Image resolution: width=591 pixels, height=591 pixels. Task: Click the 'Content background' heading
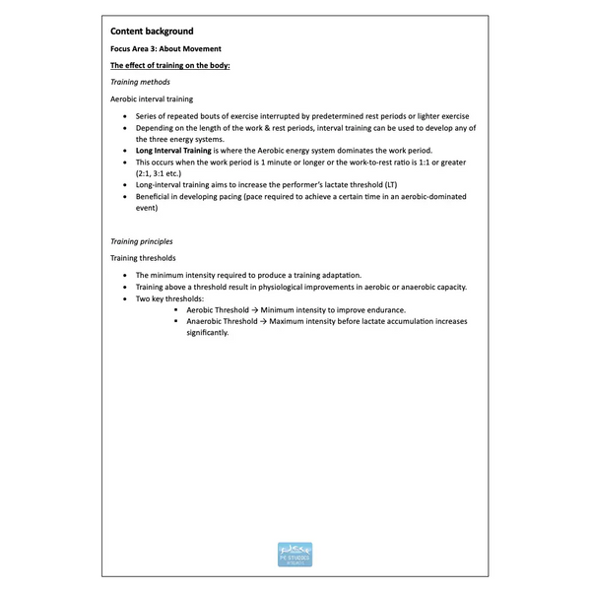point(152,32)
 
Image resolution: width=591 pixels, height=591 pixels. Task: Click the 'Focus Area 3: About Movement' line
point(165,48)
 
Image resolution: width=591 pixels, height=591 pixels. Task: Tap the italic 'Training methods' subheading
point(140,82)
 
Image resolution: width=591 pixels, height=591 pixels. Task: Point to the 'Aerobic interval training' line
point(152,99)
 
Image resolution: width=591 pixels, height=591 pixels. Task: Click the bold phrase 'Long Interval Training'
point(173,151)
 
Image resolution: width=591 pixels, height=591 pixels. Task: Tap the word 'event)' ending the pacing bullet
point(147,208)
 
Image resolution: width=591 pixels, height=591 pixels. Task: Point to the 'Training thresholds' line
point(143,258)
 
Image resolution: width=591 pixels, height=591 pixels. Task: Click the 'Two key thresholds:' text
point(170,298)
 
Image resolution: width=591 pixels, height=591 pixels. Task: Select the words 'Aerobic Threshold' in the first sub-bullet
point(218,309)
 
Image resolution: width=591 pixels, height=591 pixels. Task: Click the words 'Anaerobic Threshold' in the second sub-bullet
point(222,321)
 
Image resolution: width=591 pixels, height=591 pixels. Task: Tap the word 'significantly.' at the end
point(207,332)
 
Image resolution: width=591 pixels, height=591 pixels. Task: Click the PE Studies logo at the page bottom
point(295,556)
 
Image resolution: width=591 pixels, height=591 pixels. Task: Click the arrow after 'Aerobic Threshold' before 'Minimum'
point(254,309)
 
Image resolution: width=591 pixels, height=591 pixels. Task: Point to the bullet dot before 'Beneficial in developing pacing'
point(124,197)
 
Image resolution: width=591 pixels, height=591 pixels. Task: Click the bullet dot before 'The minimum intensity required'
point(124,275)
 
